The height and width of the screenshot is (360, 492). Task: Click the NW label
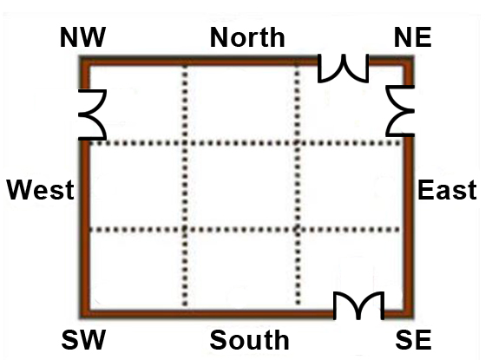[x=82, y=37]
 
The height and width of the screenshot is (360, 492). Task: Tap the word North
[x=247, y=37]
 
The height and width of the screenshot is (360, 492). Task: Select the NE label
[x=413, y=37]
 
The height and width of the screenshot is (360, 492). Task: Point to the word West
[x=41, y=190]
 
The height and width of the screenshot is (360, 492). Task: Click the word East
[x=447, y=190]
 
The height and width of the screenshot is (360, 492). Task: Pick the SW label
[x=83, y=340]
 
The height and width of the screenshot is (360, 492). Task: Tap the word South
[x=249, y=340]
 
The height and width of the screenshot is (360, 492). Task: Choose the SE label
[x=413, y=340]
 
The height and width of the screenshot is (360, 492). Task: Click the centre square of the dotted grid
[x=241, y=187]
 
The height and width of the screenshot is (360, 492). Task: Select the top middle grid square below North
[x=241, y=102]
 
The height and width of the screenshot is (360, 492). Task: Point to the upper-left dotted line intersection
[x=185, y=143]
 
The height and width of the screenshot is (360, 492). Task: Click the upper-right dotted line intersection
[x=298, y=143]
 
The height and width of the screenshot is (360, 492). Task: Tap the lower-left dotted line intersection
[x=185, y=230]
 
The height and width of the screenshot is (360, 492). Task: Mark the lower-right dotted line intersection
[x=298, y=230]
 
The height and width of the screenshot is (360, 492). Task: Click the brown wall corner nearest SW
[x=84, y=314]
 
